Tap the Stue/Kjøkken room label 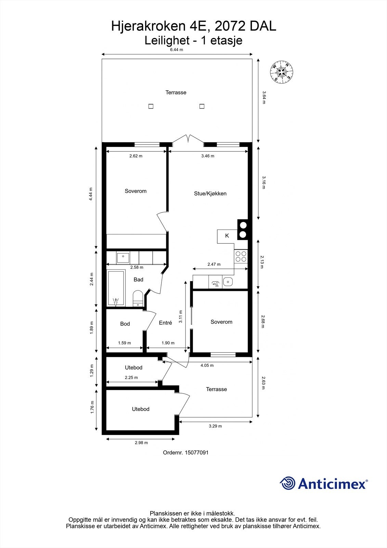pos(210,194)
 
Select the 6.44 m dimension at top pos(177,50)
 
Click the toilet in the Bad pos(138,298)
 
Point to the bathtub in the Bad pos(116,288)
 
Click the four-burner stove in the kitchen pos(241,257)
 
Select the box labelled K pos(227,236)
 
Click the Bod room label pos(125,324)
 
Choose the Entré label pos(166,323)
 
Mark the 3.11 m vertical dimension pos(181,316)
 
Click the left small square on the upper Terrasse pos(151,106)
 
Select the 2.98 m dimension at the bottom pos(141,443)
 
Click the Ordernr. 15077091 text pos(185,452)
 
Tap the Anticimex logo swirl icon pos(287,484)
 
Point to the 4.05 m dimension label pos(207,365)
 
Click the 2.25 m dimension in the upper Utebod pos(131,377)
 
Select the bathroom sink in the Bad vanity pos(122,257)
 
